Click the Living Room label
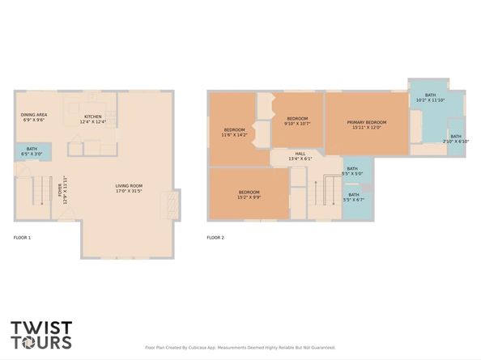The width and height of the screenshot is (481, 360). (x=129, y=188)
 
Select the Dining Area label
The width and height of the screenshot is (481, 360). (x=34, y=118)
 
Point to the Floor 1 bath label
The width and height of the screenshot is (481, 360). (x=32, y=151)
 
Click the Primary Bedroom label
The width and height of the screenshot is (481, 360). (x=366, y=124)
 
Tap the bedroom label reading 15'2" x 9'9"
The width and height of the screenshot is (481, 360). (x=249, y=194)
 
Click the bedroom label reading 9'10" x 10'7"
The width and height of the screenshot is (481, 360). (x=297, y=121)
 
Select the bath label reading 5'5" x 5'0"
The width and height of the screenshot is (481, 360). (x=352, y=171)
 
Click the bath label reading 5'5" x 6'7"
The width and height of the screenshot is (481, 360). (x=354, y=197)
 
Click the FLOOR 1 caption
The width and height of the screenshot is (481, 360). (x=22, y=238)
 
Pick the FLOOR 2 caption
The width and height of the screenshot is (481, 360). (x=215, y=238)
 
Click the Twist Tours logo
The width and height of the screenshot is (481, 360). (x=40, y=335)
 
